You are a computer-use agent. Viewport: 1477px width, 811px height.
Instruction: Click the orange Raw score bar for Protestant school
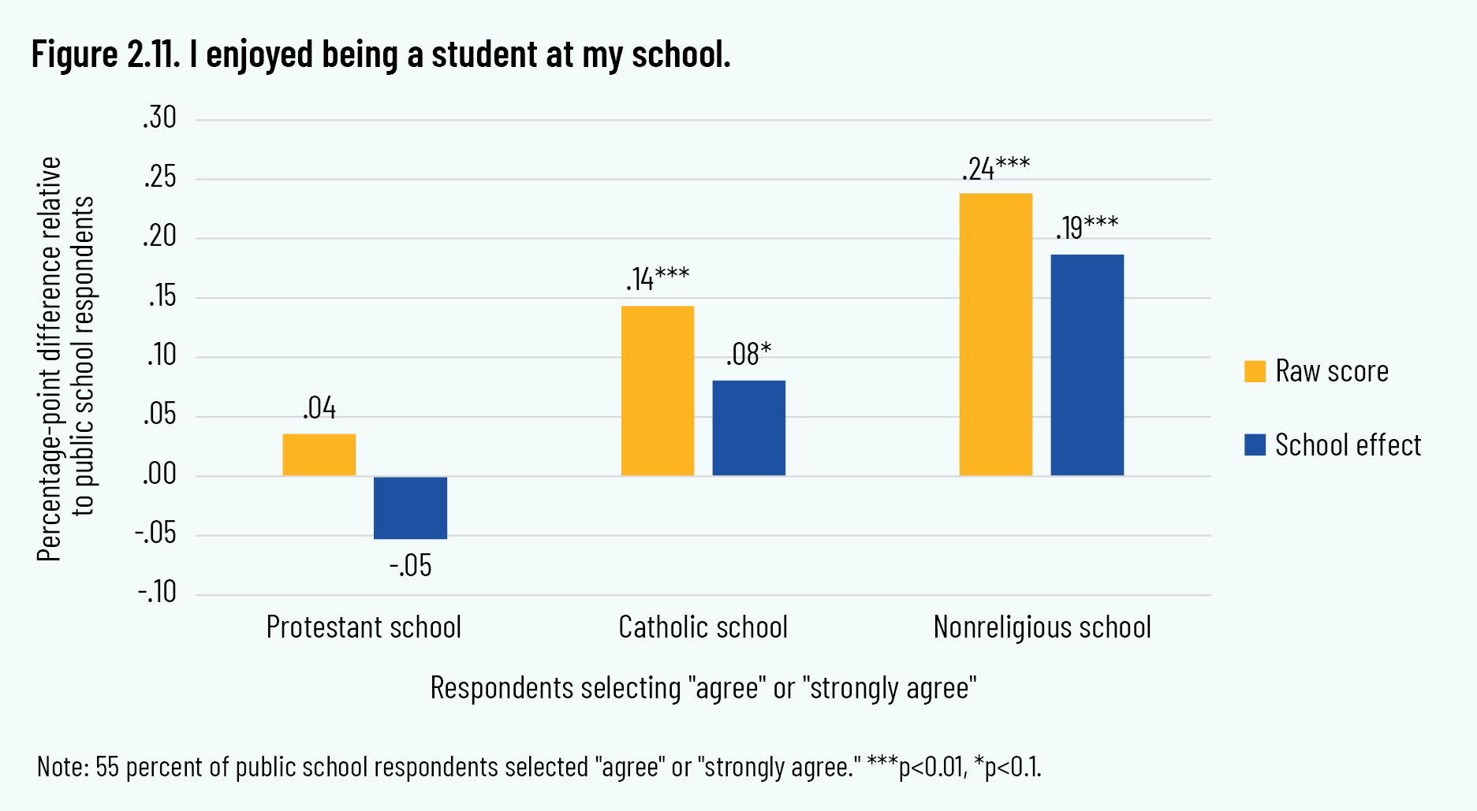click(319, 455)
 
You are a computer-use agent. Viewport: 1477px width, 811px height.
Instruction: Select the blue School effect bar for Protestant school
click(410, 508)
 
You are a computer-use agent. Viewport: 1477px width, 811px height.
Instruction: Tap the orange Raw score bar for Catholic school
click(657, 391)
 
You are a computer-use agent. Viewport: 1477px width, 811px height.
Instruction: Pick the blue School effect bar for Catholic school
click(748, 428)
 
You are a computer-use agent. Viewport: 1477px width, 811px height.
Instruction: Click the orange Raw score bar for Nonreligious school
click(995, 334)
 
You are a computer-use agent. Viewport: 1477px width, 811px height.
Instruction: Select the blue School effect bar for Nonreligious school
click(1087, 365)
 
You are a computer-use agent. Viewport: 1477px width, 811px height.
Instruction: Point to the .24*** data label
click(995, 169)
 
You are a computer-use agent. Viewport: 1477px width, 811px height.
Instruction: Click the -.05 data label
click(410, 566)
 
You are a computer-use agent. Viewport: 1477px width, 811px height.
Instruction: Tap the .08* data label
click(748, 355)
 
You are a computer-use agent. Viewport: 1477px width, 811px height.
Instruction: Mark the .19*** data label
click(1087, 228)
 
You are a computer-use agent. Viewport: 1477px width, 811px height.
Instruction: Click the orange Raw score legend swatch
click(1255, 371)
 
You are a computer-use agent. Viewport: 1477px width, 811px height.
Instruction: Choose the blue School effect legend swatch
click(1255, 445)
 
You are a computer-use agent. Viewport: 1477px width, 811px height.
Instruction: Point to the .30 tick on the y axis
click(160, 118)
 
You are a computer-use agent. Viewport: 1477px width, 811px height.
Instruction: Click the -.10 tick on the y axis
click(157, 593)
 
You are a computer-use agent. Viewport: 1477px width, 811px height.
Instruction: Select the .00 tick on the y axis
click(160, 474)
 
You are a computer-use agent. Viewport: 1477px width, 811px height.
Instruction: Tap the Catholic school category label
click(703, 627)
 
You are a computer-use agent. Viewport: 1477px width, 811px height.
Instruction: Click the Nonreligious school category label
click(1042, 627)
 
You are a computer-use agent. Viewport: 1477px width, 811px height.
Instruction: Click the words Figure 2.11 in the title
click(106, 54)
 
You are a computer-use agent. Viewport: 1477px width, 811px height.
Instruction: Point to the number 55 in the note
click(106, 767)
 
